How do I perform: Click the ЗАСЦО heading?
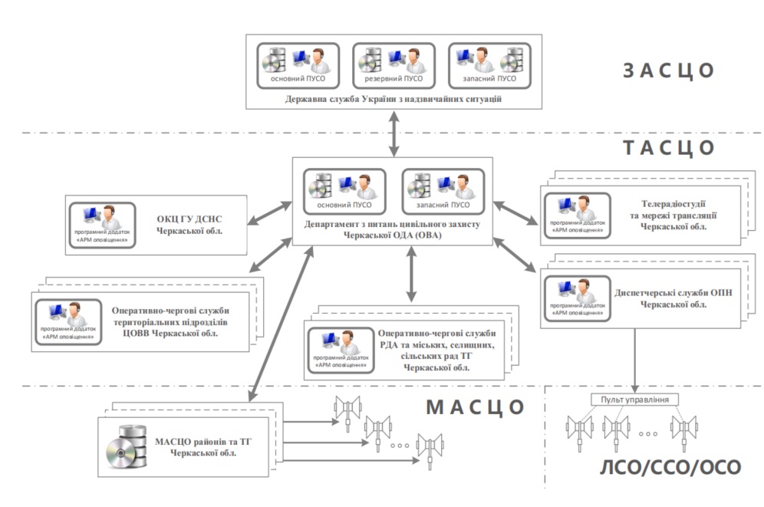(669, 71)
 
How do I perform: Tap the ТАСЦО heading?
(669, 147)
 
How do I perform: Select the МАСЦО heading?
(475, 407)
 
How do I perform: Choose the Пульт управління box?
(636, 400)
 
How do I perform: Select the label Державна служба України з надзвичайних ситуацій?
(393, 99)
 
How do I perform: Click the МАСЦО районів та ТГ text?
(203, 447)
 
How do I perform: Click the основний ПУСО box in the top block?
(298, 65)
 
